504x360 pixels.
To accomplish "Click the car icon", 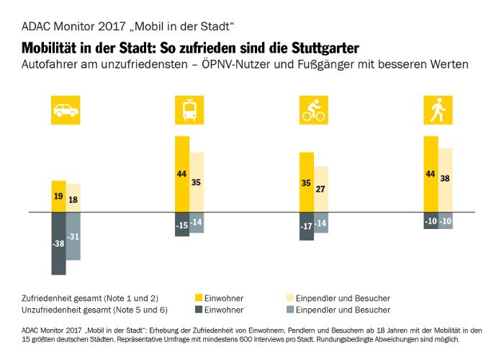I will [x=66, y=111].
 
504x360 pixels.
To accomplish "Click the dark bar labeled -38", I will [x=58, y=243].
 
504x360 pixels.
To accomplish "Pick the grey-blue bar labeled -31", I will [x=73, y=236].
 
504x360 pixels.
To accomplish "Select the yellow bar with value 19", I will [x=58, y=197].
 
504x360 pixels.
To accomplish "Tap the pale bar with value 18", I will [x=73, y=198].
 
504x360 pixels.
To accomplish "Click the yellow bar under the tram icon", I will [x=182, y=174].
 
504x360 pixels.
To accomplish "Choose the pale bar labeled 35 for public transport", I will [x=197, y=182].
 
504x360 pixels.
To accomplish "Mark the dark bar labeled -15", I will [x=182, y=224].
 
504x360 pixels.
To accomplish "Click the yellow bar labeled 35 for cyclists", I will [x=306, y=182].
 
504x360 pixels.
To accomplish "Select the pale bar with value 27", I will [x=320, y=189].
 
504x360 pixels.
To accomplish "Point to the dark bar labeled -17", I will [x=306, y=226].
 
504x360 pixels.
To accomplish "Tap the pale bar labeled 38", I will [x=444, y=180].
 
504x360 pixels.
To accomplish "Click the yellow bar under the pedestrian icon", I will [x=430, y=174].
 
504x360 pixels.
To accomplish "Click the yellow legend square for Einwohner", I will [x=199, y=297].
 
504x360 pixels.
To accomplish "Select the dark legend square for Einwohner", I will [x=199, y=310].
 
